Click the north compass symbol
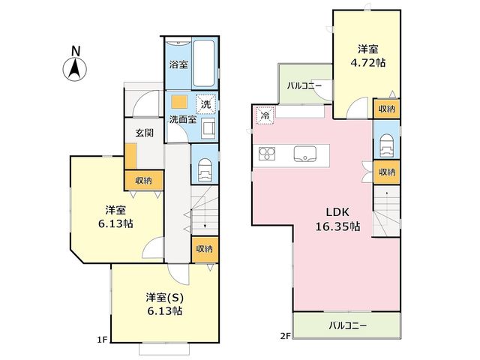pyautogui.click(x=75, y=64)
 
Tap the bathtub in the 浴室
pyautogui.click(x=203, y=63)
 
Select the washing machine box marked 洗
pyautogui.click(x=205, y=104)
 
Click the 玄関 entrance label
pyautogui.click(x=145, y=133)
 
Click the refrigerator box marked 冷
pyautogui.click(x=265, y=115)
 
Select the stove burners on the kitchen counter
pyautogui.click(x=267, y=154)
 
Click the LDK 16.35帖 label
pyautogui.click(x=337, y=219)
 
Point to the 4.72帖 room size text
pyautogui.click(x=367, y=63)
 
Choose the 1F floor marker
pyautogui.click(x=102, y=340)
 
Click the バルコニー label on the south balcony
pyautogui.click(x=347, y=325)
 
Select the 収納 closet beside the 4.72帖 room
pyautogui.click(x=387, y=109)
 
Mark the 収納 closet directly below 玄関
pyautogui.click(x=143, y=180)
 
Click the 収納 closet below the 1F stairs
pyautogui.click(x=205, y=249)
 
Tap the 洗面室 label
pyautogui.click(x=183, y=120)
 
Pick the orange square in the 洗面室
pyautogui.click(x=179, y=102)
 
